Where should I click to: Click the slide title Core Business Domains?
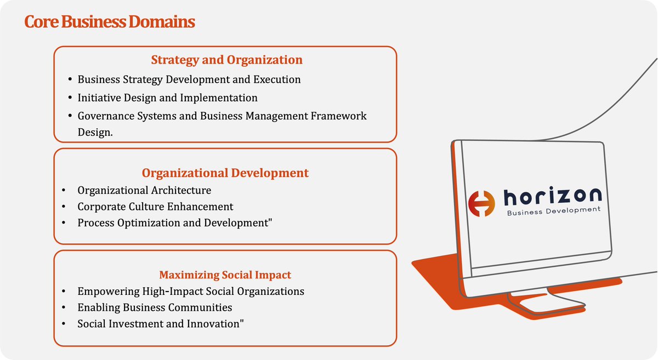pyautogui.click(x=110, y=23)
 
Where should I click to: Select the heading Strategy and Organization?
pyautogui.click(x=226, y=59)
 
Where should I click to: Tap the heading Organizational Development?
pyautogui.click(x=225, y=173)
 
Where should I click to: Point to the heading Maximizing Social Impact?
pyautogui.click(x=225, y=275)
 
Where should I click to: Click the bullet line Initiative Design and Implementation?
pyautogui.click(x=167, y=98)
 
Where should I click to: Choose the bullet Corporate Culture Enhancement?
pyautogui.click(x=155, y=207)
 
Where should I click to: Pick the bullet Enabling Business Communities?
pyautogui.click(x=155, y=307)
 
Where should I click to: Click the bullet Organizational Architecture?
pyautogui.click(x=144, y=190)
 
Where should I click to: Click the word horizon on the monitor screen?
pyautogui.click(x=552, y=196)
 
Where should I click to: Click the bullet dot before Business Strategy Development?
pyautogui.click(x=70, y=80)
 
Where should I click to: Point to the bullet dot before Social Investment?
pyautogui.click(x=65, y=324)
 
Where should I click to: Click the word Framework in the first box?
pyautogui.click(x=340, y=116)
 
